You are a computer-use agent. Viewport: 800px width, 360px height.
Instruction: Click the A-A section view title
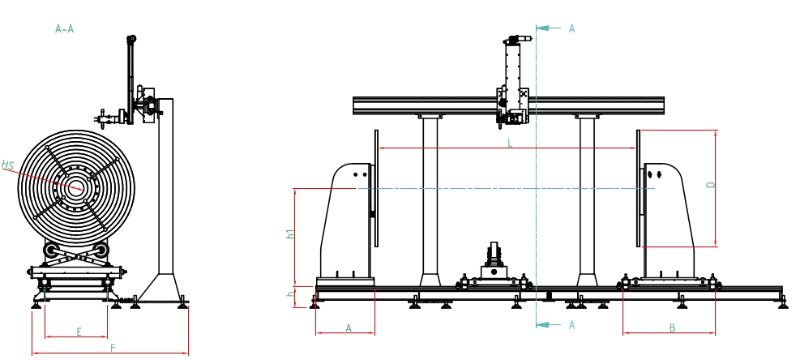point(64,29)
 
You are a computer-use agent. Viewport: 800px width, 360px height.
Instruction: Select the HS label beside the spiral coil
point(8,165)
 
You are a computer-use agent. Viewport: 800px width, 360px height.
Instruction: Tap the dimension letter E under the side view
point(79,332)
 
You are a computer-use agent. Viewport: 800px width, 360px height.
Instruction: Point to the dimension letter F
point(112,348)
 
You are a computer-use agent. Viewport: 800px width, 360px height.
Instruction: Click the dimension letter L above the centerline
point(510,144)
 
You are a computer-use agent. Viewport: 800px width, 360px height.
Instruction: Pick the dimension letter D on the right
point(711,185)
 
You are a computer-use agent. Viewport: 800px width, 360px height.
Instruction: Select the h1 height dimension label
point(289,234)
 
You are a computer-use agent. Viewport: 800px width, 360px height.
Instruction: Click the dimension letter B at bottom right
point(672,328)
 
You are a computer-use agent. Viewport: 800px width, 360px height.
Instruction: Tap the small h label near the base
point(290,294)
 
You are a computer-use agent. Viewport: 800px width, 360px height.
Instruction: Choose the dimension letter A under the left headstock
point(349,328)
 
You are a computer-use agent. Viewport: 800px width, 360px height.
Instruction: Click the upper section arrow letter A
point(571,28)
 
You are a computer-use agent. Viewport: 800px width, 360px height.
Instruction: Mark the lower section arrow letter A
point(571,325)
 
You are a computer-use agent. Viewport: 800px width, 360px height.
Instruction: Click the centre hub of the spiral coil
point(76,188)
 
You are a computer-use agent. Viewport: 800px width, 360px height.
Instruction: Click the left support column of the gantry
point(430,199)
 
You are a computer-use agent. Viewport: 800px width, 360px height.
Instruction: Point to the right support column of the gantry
point(587,199)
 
